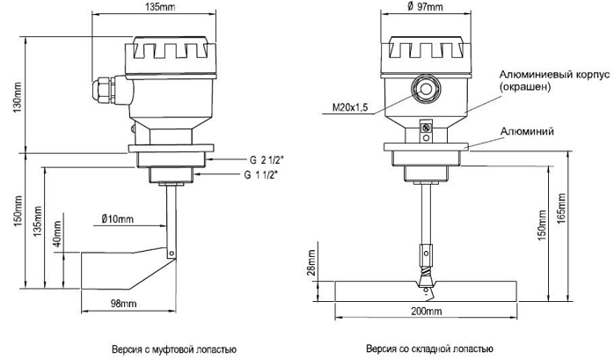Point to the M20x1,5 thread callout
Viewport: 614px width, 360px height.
350,107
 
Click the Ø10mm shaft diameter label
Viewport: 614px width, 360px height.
118,217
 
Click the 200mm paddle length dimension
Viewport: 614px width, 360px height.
425,312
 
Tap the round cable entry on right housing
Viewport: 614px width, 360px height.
425,89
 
